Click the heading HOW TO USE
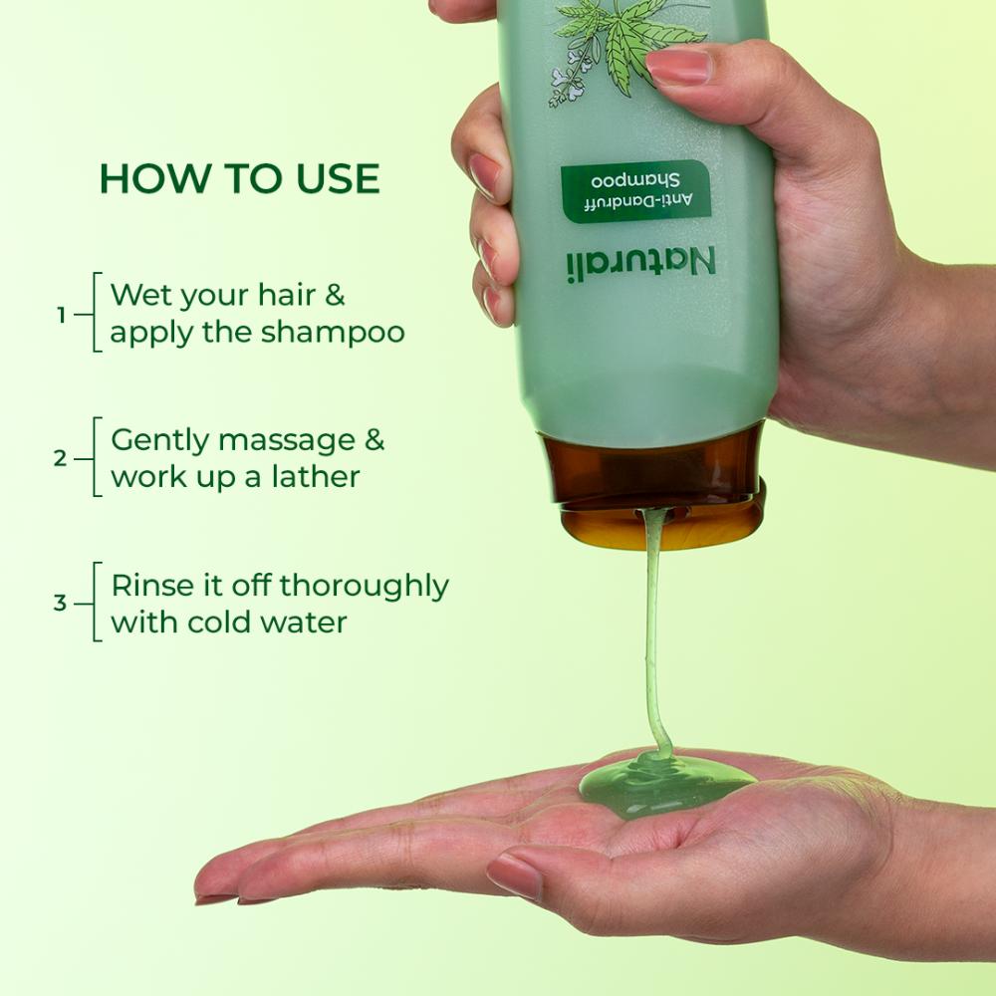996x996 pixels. pos(239,178)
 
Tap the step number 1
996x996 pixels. pos(61,315)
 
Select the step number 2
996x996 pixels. pos(61,459)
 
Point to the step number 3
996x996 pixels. pos(61,604)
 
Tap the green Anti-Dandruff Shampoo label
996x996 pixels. pos(634,190)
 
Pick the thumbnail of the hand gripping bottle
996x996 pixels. pos(680,66)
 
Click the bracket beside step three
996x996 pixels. pos(96,603)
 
